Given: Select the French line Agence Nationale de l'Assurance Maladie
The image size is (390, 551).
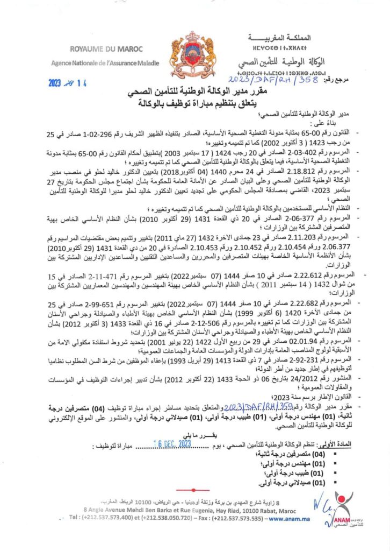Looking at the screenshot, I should pyautogui.click(x=105, y=63).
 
